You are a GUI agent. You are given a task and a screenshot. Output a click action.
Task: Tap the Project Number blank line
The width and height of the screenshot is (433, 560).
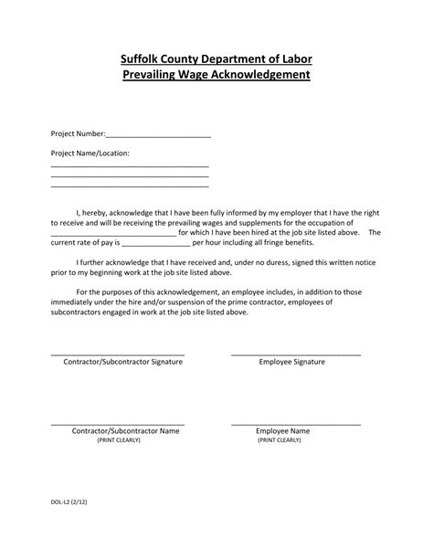(x=160, y=136)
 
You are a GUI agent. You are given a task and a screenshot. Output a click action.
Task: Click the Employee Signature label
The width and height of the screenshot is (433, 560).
(x=292, y=362)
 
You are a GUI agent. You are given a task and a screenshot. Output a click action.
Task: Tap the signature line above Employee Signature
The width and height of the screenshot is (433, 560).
(x=296, y=354)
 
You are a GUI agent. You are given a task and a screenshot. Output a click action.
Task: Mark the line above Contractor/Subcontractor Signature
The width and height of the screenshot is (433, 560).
(x=118, y=354)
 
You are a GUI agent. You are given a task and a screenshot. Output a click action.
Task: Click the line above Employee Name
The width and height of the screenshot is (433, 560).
(x=296, y=423)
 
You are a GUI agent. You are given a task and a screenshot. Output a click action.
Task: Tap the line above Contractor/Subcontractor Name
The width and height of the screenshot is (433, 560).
(x=118, y=423)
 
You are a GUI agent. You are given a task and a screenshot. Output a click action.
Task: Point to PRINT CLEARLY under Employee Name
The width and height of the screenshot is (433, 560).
(x=280, y=439)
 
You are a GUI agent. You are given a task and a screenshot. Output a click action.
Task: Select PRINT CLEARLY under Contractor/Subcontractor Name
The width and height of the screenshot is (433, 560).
(x=119, y=439)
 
